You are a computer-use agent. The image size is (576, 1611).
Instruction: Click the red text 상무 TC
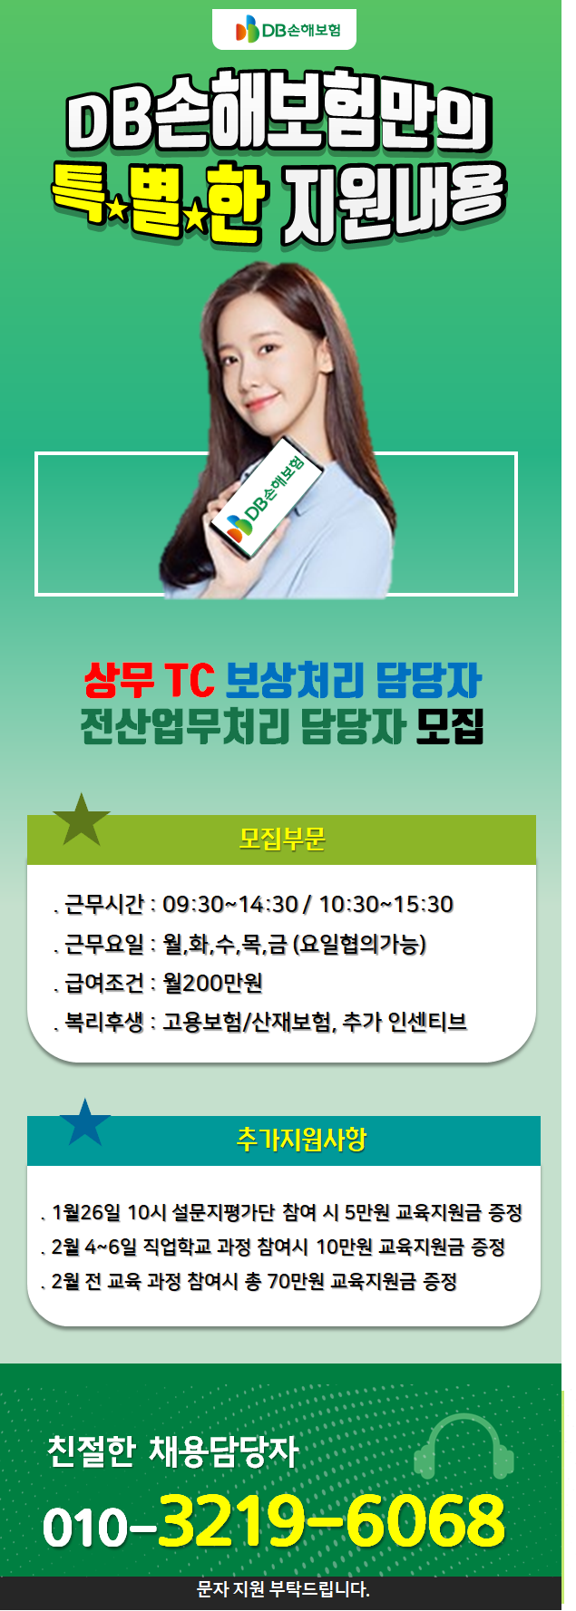click(149, 680)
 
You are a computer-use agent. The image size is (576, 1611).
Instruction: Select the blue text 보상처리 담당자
click(353, 680)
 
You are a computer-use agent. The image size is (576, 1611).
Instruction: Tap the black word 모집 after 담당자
click(451, 725)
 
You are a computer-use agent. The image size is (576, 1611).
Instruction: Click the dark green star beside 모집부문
click(82, 820)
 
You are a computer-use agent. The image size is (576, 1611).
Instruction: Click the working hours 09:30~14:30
click(230, 904)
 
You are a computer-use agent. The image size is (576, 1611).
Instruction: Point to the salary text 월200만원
click(213, 983)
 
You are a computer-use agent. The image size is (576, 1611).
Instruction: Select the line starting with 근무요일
click(240, 944)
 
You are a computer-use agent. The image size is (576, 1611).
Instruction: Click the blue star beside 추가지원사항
click(85, 1122)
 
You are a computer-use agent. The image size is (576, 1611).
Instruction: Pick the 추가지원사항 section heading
click(301, 1140)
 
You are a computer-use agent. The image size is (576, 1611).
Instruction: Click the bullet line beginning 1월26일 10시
click(282, 1212)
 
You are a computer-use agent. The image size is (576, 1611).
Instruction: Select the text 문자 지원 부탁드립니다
click(283, 1589)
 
